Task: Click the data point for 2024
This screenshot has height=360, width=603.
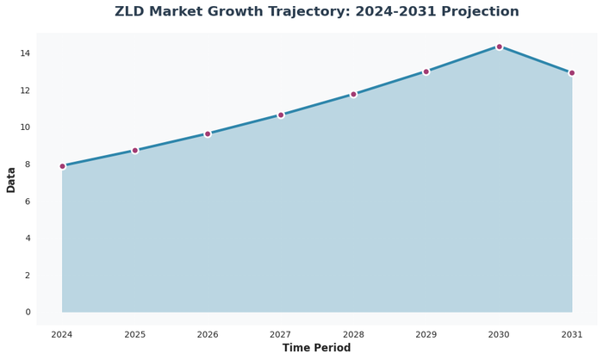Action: tap(62, 166)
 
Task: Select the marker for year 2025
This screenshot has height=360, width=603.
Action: tap(135, 151)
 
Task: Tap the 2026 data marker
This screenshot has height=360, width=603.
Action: tap(208, 133)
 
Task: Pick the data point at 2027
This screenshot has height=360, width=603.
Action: tap(281, 115)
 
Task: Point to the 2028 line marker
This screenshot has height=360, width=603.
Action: tap(353, 94)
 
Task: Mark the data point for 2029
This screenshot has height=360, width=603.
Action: tap(426, 71)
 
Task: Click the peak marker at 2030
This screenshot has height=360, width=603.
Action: tap(499, 47)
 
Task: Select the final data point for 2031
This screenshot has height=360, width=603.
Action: tap(572, 73)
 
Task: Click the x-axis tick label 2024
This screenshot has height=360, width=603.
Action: tap(62, 334)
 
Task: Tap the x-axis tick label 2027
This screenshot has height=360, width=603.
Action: tap(281, 334)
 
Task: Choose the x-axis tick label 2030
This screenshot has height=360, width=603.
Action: tap(499, 334)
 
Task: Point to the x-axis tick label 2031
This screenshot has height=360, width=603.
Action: tap(572, 334)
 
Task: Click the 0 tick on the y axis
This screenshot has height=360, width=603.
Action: tap(28, 312)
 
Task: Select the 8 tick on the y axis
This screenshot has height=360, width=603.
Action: tap(28, 164)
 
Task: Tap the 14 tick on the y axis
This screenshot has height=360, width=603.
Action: tap(25, 53)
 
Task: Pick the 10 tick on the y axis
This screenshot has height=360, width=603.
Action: tap(25, 127)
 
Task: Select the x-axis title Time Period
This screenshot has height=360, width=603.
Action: tap(317, 349)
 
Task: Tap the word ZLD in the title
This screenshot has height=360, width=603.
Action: tap(132, 12)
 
